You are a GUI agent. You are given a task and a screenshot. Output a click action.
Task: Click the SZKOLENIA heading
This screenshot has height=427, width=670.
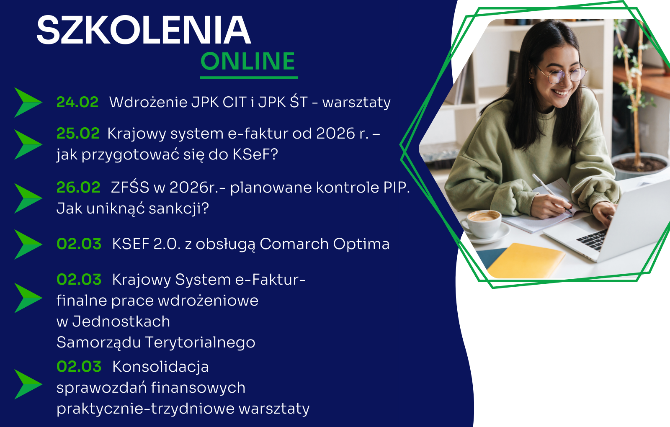[144, 30]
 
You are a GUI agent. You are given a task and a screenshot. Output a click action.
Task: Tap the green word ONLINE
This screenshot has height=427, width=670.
[248, 61]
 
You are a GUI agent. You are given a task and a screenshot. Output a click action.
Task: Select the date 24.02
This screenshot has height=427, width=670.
[77, 102]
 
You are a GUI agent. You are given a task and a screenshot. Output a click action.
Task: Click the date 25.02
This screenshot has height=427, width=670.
[78, 134]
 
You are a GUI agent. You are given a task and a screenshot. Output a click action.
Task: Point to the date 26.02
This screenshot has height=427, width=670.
[78, 188]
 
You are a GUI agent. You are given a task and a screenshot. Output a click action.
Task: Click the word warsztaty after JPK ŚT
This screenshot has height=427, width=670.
[356, 103]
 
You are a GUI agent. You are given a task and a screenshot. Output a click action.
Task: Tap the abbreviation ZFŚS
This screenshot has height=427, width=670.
[130, 187]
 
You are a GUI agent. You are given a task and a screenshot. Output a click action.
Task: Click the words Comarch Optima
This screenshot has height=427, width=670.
[325, 244]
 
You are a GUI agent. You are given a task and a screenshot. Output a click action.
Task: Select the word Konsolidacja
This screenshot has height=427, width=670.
[160, 367]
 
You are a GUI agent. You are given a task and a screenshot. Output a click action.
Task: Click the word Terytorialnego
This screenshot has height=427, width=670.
[200, 343]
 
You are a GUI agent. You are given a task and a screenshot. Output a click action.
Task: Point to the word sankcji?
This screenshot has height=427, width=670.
[178, 208]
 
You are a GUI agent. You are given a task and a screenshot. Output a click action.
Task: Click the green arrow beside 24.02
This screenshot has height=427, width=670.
[28, 102]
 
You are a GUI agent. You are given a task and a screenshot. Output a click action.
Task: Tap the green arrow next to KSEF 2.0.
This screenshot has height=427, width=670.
[28, 244]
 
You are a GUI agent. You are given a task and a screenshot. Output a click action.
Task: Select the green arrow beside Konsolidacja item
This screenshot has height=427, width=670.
[28, 384]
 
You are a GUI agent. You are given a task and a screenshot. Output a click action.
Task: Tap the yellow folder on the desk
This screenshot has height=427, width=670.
[525, 260]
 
